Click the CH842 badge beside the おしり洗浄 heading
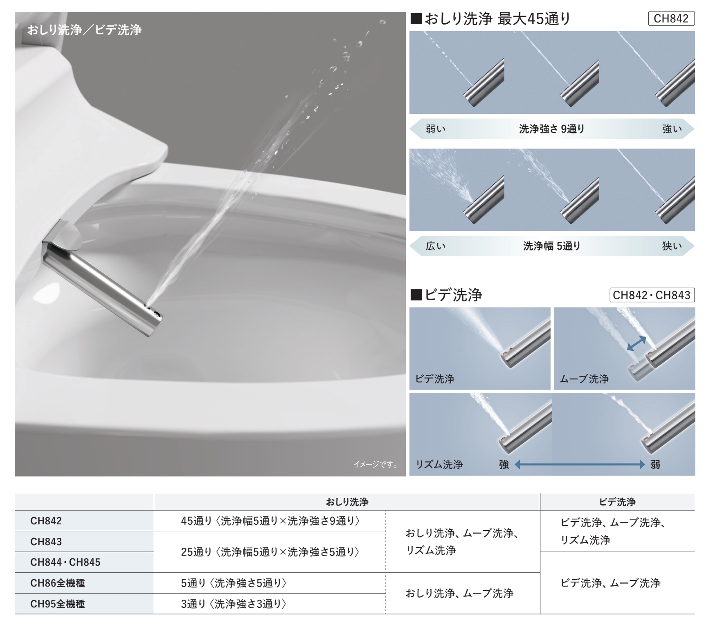tap(671, 19)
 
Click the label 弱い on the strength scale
tap(436, 129)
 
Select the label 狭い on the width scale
tap(672, 246)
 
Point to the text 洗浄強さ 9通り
tap(552, 129)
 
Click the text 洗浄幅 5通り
tap(552, 246)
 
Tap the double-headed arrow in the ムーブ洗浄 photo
tap(636, 343)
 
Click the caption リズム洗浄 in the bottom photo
tap(439, 464)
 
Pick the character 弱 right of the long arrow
tap(655, 464)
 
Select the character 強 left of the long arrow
tap(504, 464)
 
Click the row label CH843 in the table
tap(46, 542)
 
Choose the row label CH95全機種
tap(58, 604)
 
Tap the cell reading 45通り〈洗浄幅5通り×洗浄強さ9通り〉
tap(270, 521)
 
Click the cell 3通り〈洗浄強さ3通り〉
tap(234, 604)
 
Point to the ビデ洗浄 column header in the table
tap(617, 502)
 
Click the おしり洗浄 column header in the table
tap(347, 502)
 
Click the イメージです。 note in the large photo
tap(375, 464)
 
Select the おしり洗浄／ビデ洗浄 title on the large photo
tap(84, 30)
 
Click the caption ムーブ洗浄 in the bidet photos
tap(584, 379)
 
